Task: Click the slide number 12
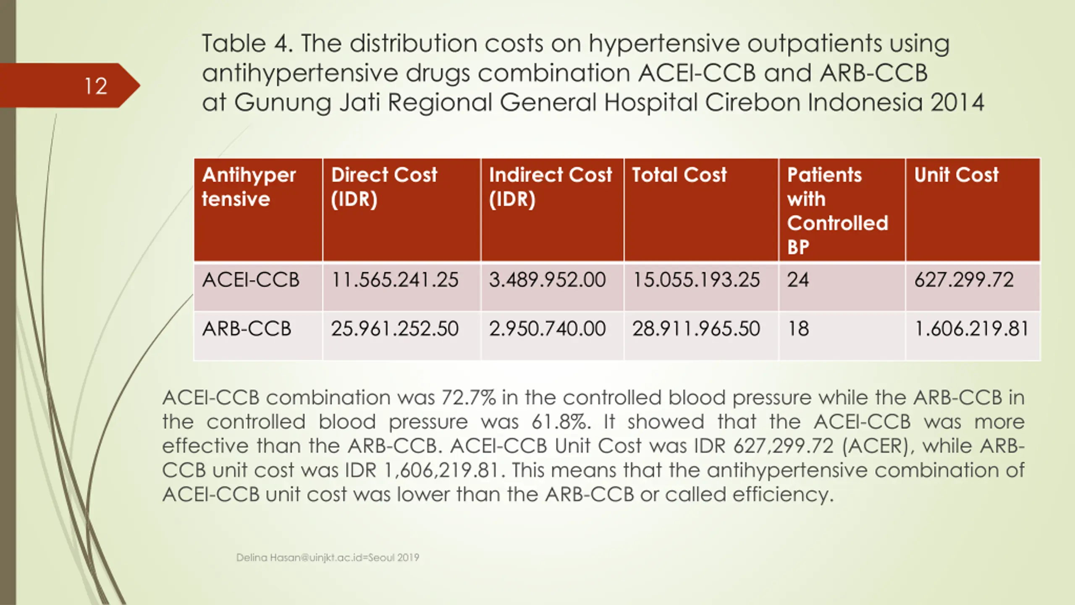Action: click(96, 86)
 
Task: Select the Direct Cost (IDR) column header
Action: click(384, 187)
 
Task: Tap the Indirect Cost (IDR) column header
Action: click(550, 187)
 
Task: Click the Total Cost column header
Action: click(679, 175)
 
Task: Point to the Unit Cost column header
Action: click(956, 175)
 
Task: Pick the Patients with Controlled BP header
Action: click(837, 210)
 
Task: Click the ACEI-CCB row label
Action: click(251, 280)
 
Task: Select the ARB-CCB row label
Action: click(246, 329)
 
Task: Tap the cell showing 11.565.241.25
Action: click(395, 280)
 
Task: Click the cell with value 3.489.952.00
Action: click(547, 280)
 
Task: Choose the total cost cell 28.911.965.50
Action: click(696, 329)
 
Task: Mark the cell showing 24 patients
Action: click(798, 280)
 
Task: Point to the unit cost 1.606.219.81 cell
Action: click(971, 329)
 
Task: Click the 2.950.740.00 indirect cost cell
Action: click(547, 329)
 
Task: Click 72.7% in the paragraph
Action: click(468, 397)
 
